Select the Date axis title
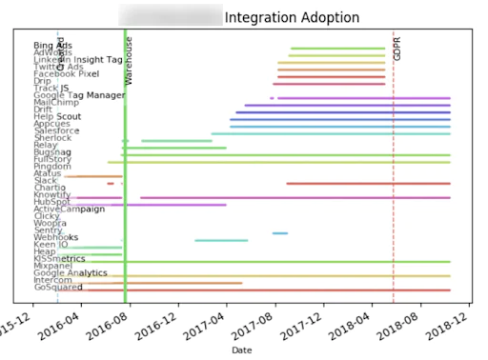(240, 350)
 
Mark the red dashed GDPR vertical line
(393, 190)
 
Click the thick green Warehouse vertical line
(125, 190)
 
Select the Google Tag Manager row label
(79, 95)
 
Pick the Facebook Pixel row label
(66, 73)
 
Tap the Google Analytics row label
(71, 273)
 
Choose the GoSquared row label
(57, 288)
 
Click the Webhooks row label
(55, 237)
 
